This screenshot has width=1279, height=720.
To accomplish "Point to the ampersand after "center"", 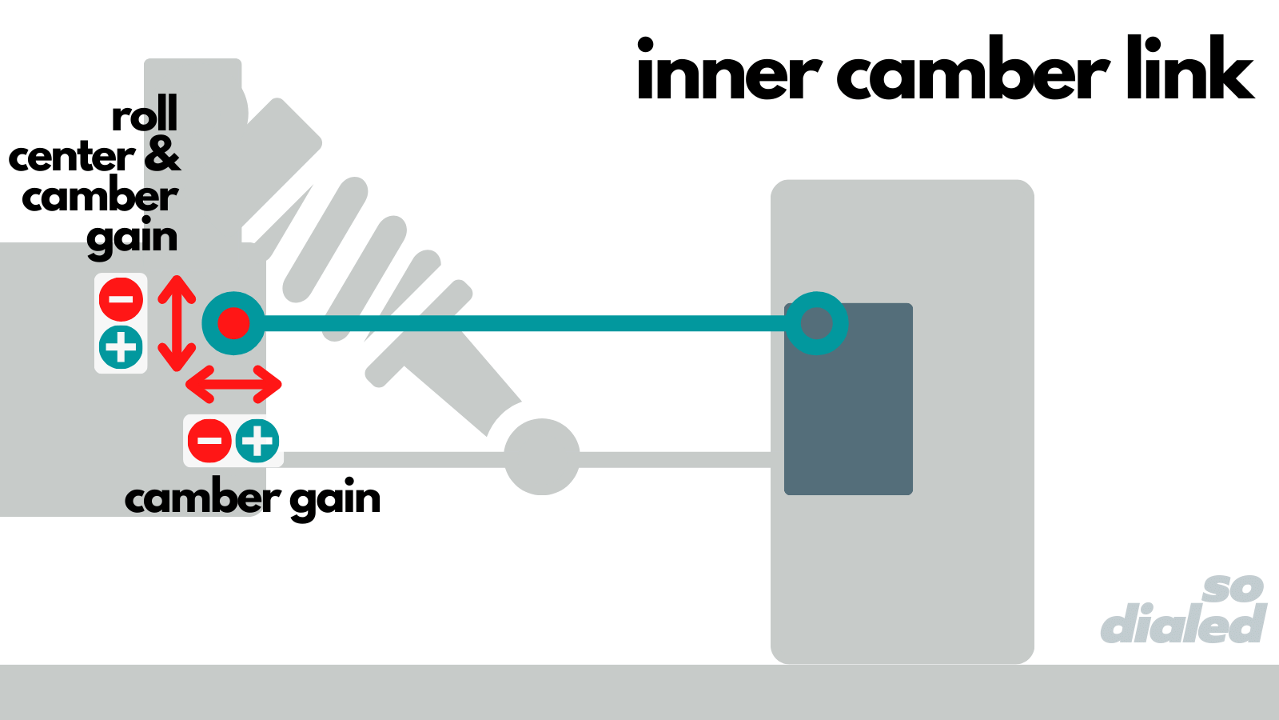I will point(162,154).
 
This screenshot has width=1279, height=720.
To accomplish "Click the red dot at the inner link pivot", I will point(233,323).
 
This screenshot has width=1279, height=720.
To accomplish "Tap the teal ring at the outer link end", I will point(816,323).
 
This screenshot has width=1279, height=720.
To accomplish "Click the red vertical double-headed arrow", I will point(177,323).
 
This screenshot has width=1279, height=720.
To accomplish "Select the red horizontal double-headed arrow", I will point(233,384).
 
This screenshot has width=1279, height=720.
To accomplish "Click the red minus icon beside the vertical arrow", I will point(121,300).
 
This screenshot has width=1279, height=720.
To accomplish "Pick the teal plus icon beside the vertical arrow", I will point(121,347).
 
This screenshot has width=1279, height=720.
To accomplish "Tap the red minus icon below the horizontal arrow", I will point(209,441).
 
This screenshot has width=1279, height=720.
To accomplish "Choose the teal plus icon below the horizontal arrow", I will point(257,441).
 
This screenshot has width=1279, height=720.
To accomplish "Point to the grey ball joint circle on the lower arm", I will point(542,457).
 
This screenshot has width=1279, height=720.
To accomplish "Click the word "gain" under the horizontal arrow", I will point(335,500).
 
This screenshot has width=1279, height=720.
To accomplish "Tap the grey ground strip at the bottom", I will point(639,692).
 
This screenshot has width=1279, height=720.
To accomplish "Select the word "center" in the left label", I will point(72,156).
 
